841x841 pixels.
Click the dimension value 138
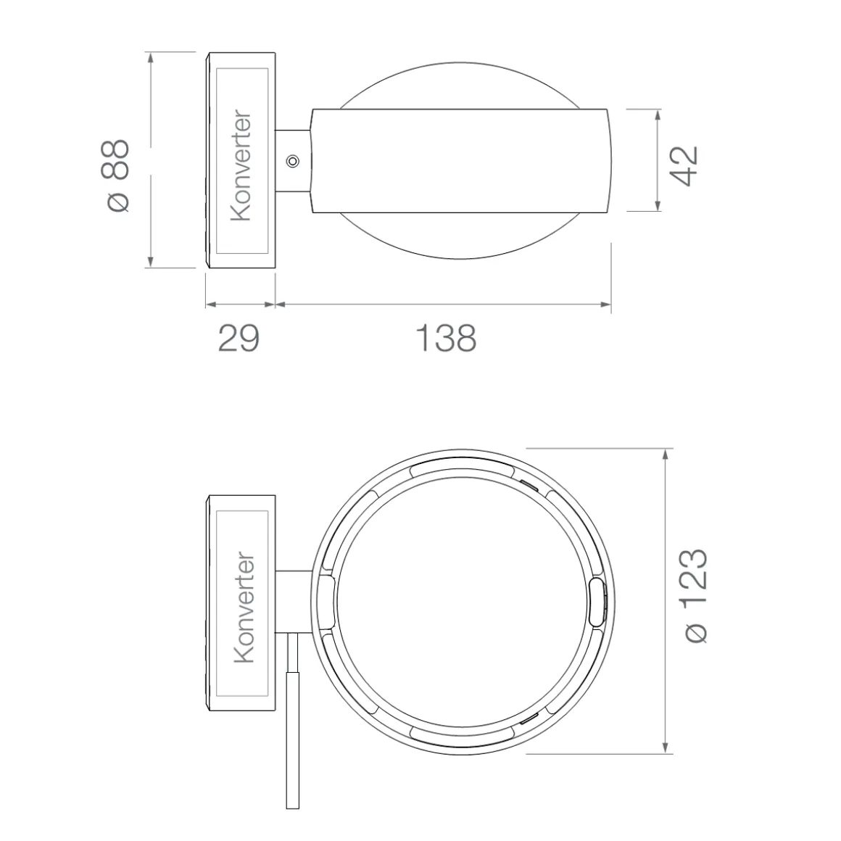tap(446, 338)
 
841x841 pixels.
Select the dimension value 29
tap(239, 338)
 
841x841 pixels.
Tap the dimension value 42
tap(684, 166)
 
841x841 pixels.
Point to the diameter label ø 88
tap(116, 175)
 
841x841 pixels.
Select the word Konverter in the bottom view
tap(244, 608)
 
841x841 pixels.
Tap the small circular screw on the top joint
tap(293, 160)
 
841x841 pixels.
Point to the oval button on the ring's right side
tap(597, 601)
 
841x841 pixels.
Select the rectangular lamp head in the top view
tap(460, 161)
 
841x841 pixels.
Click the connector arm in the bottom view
tap(294, 601)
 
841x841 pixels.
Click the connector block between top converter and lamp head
tap(293, 161)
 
